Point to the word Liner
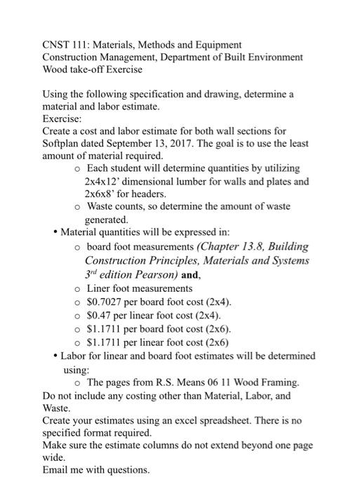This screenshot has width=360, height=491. (100, 288)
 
